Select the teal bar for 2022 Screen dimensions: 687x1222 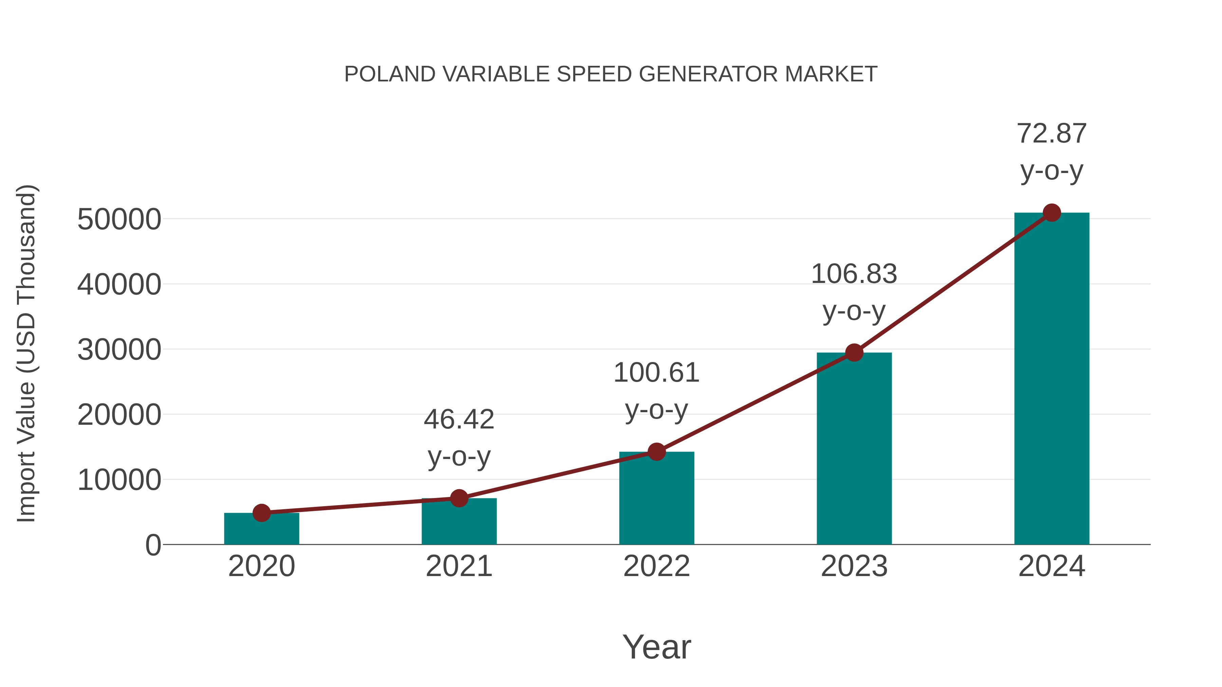click(656, 500)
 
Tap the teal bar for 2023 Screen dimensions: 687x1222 click(854, 451)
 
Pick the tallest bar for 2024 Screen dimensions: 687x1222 click(1052, 379)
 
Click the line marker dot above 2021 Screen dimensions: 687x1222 click(459, 498)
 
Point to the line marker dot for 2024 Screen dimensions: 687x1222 click(1052, 213)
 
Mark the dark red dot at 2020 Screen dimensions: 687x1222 click(261, 513)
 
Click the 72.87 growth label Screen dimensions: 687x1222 click(1052, 134)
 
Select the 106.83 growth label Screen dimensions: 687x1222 click(854, 274)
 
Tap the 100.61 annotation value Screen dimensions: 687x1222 click(656, 373)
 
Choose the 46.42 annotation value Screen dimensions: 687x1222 click(459, 420)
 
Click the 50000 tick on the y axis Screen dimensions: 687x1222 click(119, 220)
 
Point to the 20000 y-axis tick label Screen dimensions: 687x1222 click(119, 415)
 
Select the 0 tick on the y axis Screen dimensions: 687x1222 click(153, 545)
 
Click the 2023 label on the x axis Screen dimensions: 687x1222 click(854, 566)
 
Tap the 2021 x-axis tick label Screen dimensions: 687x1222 click(459, 566)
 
